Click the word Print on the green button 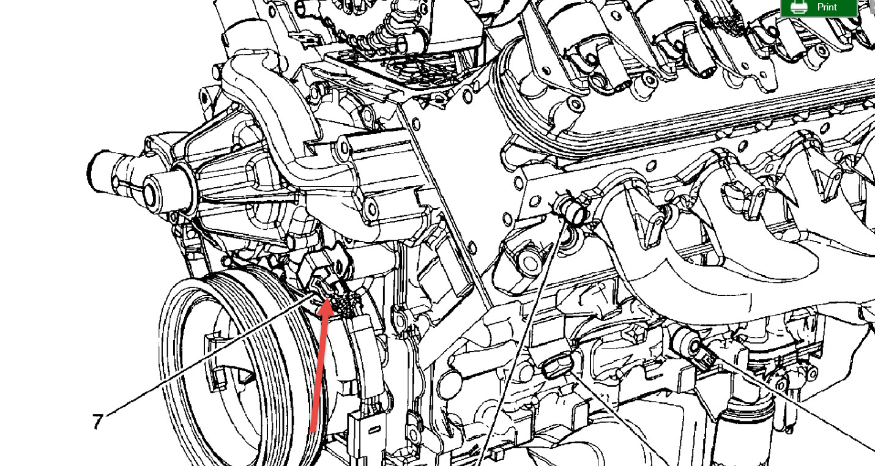[827, 7]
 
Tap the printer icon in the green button [799, 7]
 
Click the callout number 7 [97, 421]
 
